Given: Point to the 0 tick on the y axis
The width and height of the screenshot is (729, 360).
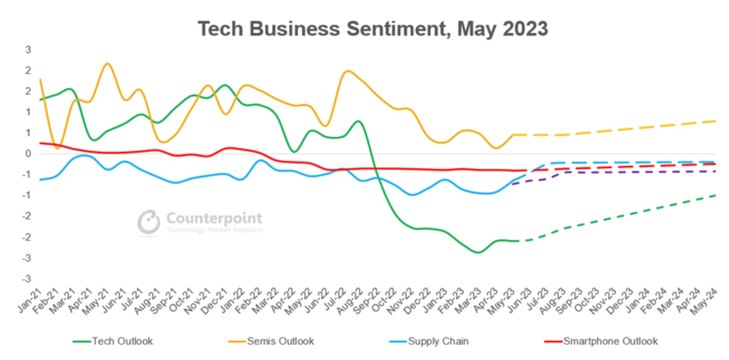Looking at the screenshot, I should tap(28, 154).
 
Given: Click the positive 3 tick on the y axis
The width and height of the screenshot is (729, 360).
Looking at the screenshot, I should tap(28, 50).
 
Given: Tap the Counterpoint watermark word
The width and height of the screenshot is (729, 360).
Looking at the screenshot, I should tap(214, 218).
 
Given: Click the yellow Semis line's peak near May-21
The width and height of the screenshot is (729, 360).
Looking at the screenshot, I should tap(108, 64).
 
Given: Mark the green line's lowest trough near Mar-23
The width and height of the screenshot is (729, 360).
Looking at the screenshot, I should tap(477, 252).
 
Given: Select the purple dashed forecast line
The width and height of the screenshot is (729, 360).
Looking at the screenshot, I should tap(608, 172).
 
